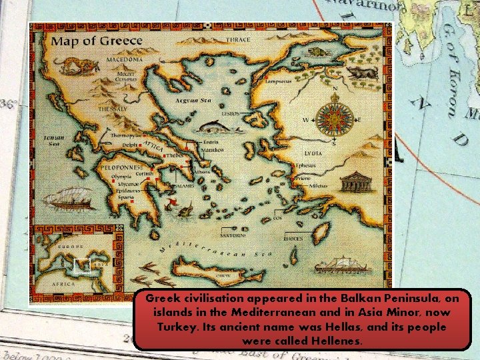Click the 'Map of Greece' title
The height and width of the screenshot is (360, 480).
(97, 41)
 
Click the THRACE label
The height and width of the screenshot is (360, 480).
(237, 41)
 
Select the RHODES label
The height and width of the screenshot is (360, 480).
(293, 238)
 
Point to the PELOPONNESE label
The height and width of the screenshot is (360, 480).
(120, 167)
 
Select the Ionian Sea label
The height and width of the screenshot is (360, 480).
(54, 140)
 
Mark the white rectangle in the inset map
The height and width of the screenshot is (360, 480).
(81, 265)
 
